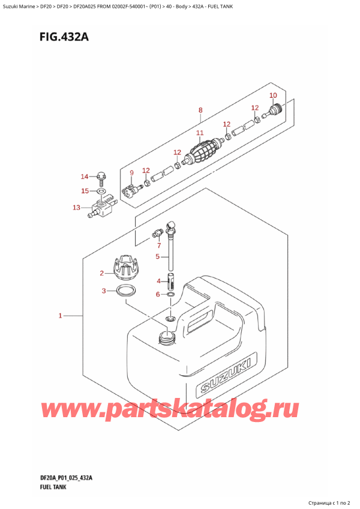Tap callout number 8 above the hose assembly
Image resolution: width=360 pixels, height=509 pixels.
pos(200,110)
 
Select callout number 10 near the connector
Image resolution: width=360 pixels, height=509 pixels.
pos(273,95)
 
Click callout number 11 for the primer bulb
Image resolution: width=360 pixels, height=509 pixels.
pos(200,133)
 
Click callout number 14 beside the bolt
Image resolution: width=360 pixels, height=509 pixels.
pos(85,176)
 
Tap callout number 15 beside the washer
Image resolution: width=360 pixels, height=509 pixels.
pos(85,191)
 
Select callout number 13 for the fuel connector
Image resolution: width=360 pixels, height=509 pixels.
pos(76,208)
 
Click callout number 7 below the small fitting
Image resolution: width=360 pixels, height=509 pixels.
pos(159,245)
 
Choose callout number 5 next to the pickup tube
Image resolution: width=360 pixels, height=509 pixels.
pos(158,257)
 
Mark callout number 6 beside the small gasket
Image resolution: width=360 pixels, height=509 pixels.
pos(158,294)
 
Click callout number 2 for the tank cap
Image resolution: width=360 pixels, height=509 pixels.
pos(103,274)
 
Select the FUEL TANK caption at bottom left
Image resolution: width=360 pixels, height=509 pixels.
pos(50,487)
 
